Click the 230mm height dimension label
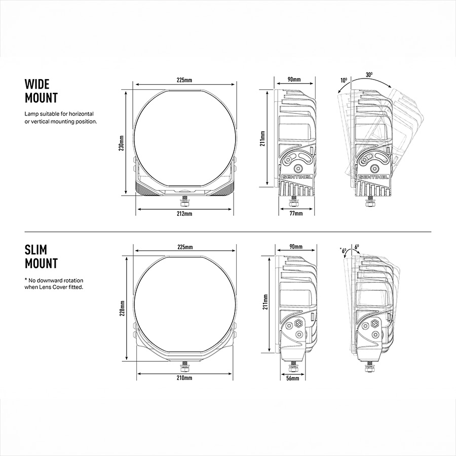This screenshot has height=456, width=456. coord(122,143)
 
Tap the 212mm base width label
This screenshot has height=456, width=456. coord(184,214)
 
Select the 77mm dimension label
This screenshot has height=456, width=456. coord(296,213)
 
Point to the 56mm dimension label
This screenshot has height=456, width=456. coord(292,378)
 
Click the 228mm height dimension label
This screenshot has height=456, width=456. coord(122,308)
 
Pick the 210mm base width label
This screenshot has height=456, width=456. coord(184,378)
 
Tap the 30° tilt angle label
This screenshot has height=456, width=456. coord(369,75)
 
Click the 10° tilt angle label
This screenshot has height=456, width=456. coord(344,80)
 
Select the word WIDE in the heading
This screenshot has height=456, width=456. coord(37,84)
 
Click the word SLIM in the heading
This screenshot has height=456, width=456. coord(36,250)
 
